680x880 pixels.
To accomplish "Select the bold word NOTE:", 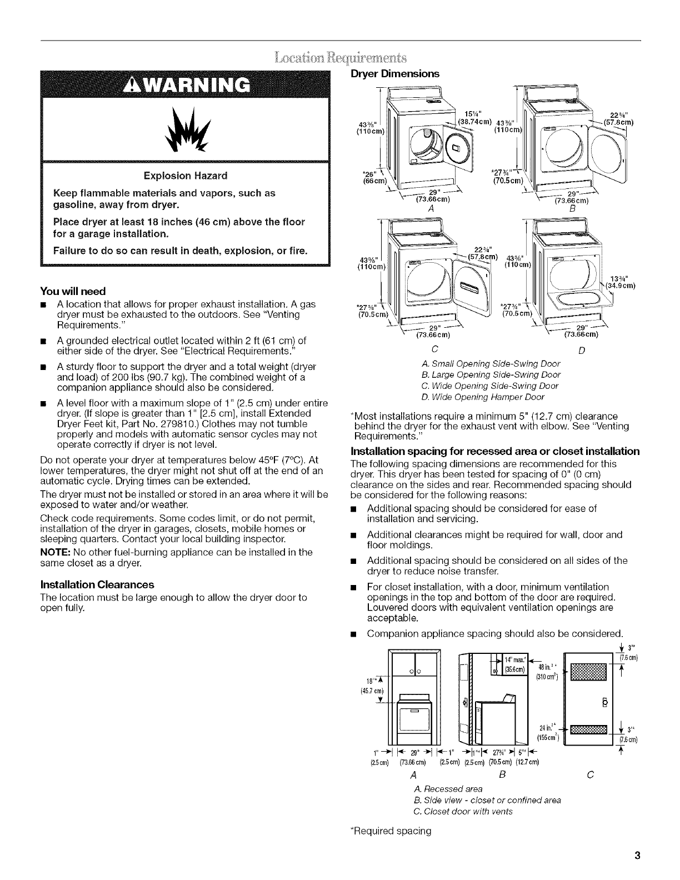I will click(x=53, y=552).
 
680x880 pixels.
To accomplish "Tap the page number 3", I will click(x=638, y=856).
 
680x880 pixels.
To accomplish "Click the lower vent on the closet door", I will click(x=587, y=729).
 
